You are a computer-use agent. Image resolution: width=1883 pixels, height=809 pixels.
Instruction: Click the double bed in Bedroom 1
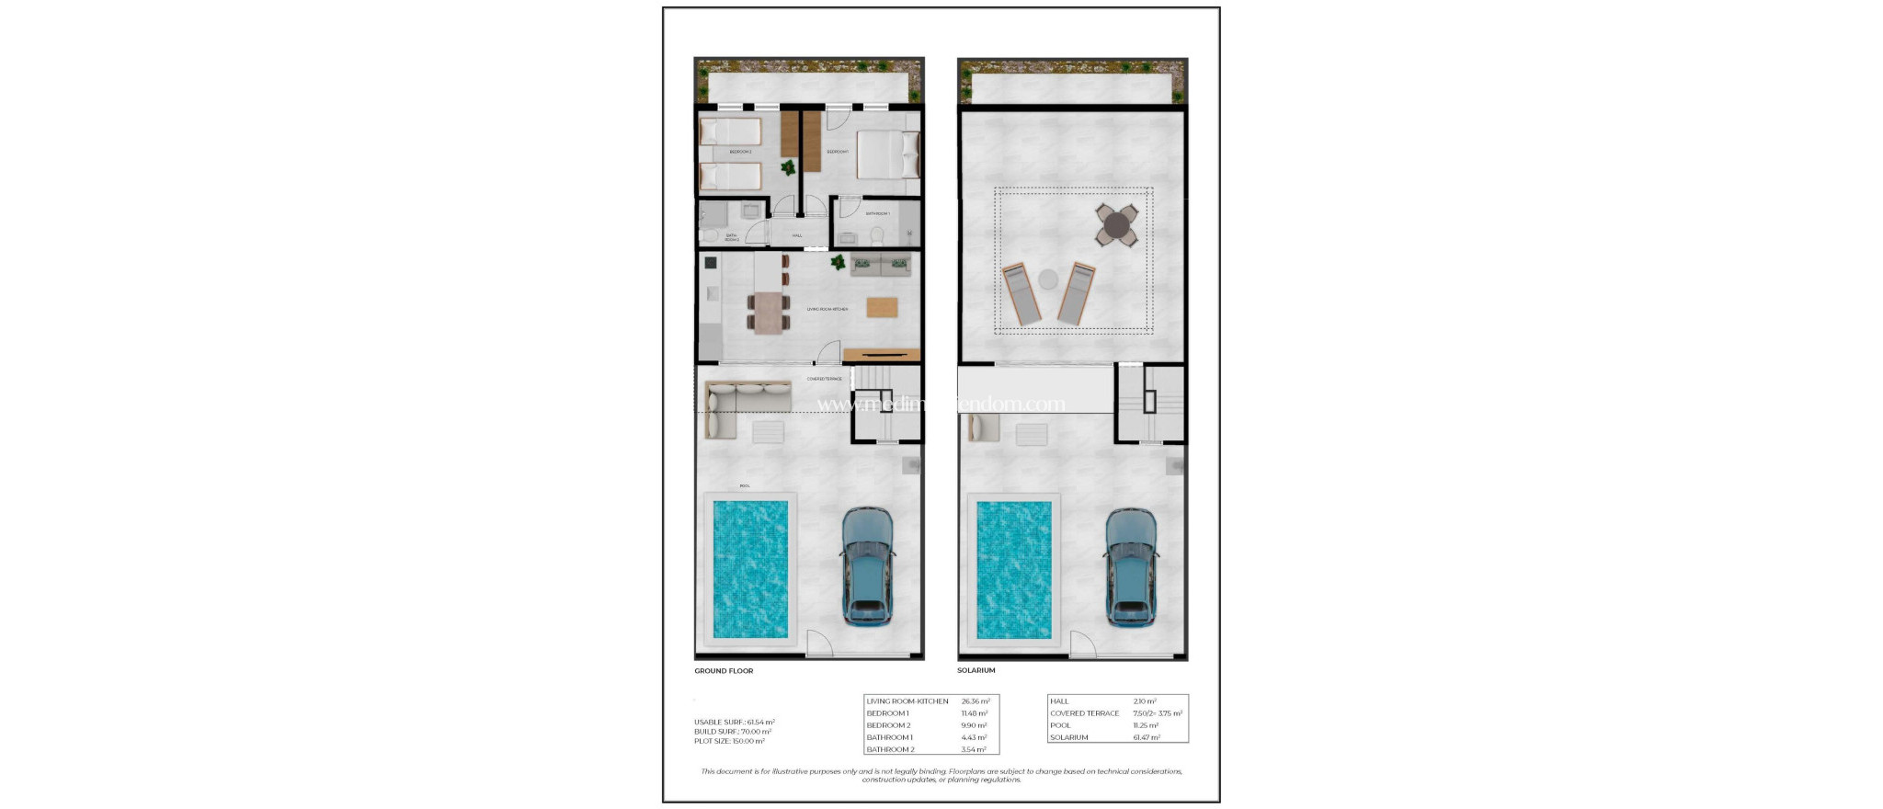pyautogui.click(x=887, y=154)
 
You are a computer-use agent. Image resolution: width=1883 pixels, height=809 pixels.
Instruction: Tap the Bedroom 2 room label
pyautogui.click(x=740, y=152)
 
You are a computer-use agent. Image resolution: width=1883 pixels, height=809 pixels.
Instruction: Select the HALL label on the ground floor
pyautogui.click(x=797, y=235)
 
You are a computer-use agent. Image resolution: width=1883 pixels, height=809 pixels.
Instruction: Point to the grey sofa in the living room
pyautogui.click(x=881, y=266)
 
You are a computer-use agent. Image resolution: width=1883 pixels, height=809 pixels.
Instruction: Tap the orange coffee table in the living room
pyautogui.click(x=882, y=307)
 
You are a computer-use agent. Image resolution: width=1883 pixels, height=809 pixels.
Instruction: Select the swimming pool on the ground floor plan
pyautogui.click(x=750, y=569)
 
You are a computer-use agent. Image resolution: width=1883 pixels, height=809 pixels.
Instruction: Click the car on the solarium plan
pyautogui.click(x=1130, y=567)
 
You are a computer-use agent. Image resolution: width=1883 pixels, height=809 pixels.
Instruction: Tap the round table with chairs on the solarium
pyautogui.click(x=1117, y=224)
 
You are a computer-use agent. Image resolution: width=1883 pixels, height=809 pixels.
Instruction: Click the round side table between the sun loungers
pyautogui.click(x=1048, y=278)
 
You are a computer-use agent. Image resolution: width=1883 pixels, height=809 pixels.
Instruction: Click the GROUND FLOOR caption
pyautogui.click(x=724, y=671)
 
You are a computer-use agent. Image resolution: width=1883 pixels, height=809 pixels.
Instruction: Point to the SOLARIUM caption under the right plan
pyautogui.click(x=976, y=671)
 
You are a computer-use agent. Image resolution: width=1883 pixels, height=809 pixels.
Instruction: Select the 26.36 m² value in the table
pyautogui.click(x=976, y=701)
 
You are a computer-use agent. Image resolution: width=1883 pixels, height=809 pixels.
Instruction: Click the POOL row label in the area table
pyautogui.click(x=1060, y=725)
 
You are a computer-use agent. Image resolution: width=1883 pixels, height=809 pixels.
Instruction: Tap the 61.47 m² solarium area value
pyautogui.click(x=1147, y=737)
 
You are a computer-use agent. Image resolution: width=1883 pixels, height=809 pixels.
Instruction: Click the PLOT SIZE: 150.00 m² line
pyautogui.click(x=729, y=741)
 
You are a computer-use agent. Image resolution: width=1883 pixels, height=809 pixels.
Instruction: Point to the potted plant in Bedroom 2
pyautogui.click(x=788, y=167)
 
